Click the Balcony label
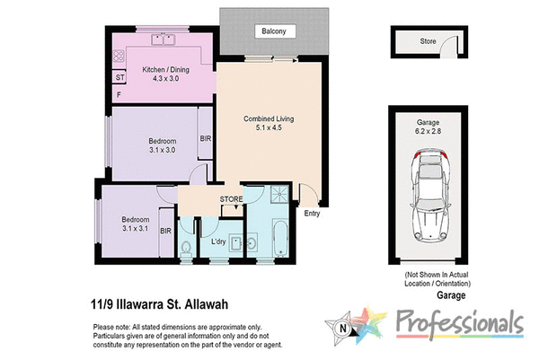(x=273, y=32)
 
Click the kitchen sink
(x=163, y=40)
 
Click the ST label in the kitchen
(x=119, y=78)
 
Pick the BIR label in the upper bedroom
(x=206, y=139)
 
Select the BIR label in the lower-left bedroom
(x=165, y=231)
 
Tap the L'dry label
(x=218, y=242)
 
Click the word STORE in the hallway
(x=231, y=198)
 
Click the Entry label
(x=312, y=214)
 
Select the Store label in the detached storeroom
(x=429, y=41)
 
